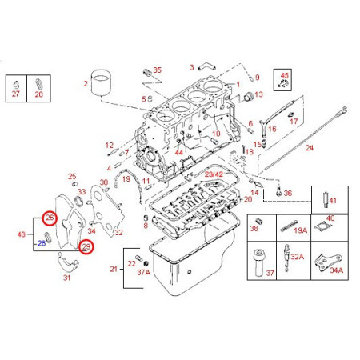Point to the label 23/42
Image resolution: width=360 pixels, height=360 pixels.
(214, 173)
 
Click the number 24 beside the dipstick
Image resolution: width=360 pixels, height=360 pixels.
(310, 148)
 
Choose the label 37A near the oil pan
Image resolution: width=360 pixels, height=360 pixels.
(143, 272)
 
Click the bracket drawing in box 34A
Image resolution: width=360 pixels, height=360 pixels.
(326, 262)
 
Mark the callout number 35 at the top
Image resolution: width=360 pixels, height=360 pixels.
(157, 70)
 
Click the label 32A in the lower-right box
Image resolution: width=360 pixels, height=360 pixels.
(297, 257)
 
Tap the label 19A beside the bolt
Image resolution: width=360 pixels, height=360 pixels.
(300, 230)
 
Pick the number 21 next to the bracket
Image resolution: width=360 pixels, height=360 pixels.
(112, 268)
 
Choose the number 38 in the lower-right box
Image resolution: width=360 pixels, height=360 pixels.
(254, 229)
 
